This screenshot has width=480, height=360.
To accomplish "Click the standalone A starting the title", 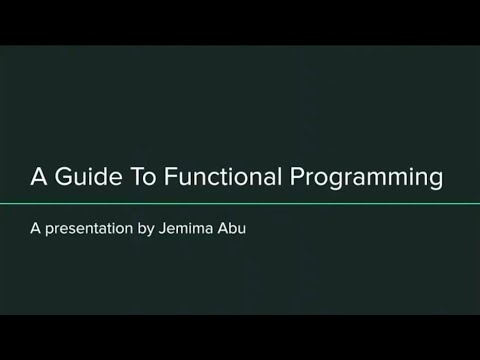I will click(39, 178).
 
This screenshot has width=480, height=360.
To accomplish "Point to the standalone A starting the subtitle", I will click(35, 228).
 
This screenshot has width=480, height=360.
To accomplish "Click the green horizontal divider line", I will click(240, 204).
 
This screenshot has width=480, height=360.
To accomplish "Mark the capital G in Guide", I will click(64, 178).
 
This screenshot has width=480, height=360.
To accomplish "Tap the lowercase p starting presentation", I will click(50, 230).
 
